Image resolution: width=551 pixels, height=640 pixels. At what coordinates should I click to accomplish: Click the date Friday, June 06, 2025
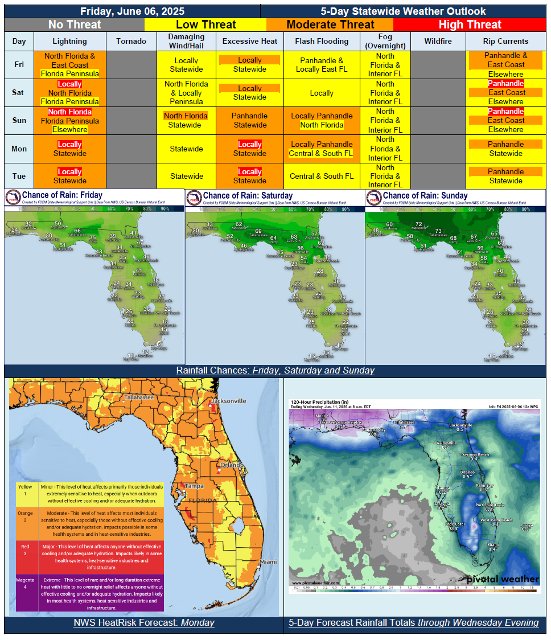(132, 11)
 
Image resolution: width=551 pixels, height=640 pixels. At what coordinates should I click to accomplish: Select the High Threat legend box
(470, 24)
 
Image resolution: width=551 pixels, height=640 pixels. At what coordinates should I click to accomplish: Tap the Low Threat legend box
(205, 24)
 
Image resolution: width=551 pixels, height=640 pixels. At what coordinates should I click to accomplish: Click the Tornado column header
(131, 41)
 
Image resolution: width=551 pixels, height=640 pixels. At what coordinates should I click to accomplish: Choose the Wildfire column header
(438, 41)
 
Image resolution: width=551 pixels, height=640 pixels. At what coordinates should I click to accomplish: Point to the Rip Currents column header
(505, 41)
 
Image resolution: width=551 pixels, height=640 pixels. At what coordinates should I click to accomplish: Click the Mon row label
(19, 149)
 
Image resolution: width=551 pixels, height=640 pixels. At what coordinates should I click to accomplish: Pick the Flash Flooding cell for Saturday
(322, 93)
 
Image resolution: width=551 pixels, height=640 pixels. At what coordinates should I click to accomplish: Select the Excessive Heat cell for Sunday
(249, 120)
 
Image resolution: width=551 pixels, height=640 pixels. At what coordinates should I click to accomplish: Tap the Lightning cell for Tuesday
(70, 176)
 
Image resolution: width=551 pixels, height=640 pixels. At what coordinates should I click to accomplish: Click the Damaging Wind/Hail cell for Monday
(187, 149)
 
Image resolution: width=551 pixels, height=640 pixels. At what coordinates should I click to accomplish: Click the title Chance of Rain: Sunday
(425, 195)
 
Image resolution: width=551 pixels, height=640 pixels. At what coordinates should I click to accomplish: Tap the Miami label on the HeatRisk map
(268, 562)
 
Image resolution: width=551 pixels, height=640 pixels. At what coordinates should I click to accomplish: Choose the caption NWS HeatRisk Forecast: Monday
(143, 622)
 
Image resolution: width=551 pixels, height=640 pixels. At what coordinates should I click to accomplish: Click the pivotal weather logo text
(503, 579)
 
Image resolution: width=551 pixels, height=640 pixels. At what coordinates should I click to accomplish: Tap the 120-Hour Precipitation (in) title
(320, 401)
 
